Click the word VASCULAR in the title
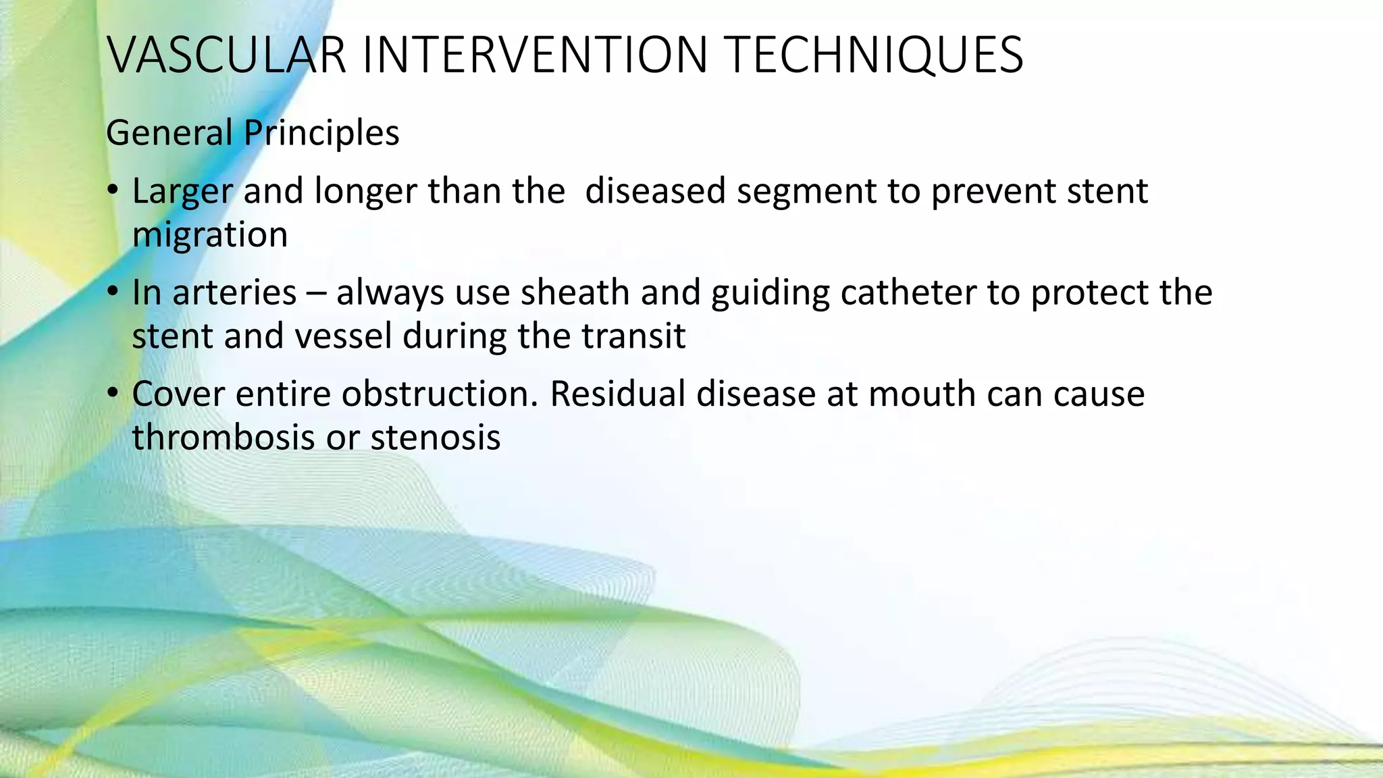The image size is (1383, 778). [227, 55]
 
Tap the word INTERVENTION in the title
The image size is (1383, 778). [535, 55]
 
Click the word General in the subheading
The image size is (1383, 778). [169, 133]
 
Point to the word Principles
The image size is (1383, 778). [321, 133]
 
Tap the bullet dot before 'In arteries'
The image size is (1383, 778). [113, 292]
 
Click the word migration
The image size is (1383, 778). [210, 236]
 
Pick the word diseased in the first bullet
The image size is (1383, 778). [655, 191]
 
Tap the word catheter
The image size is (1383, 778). [909, 292]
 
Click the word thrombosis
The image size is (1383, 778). [224, 438]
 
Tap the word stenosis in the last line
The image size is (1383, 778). [436, 438]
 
